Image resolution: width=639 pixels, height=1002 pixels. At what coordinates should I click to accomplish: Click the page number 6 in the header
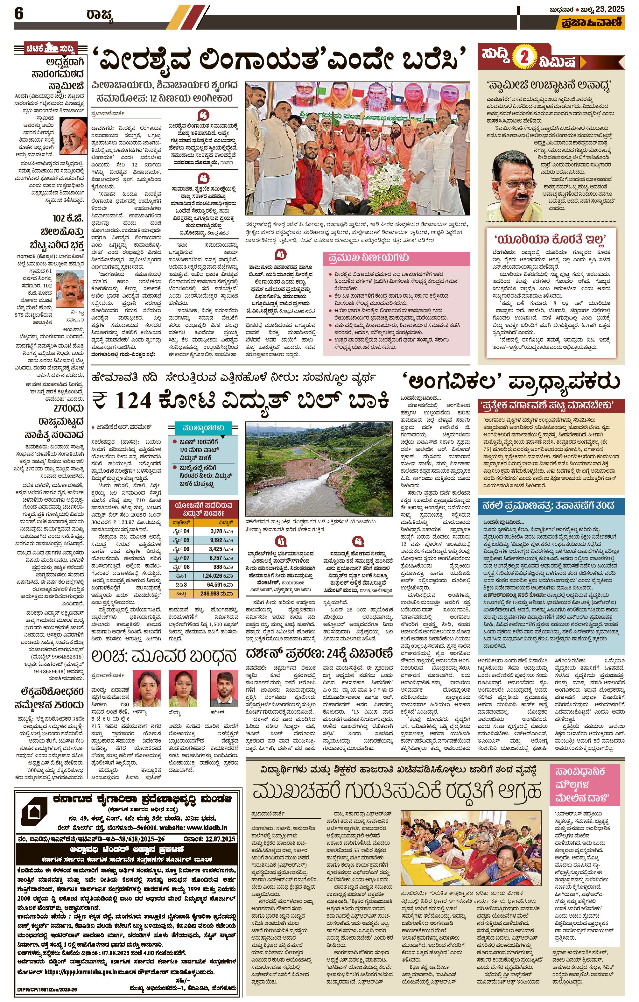tap(19, 14)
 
